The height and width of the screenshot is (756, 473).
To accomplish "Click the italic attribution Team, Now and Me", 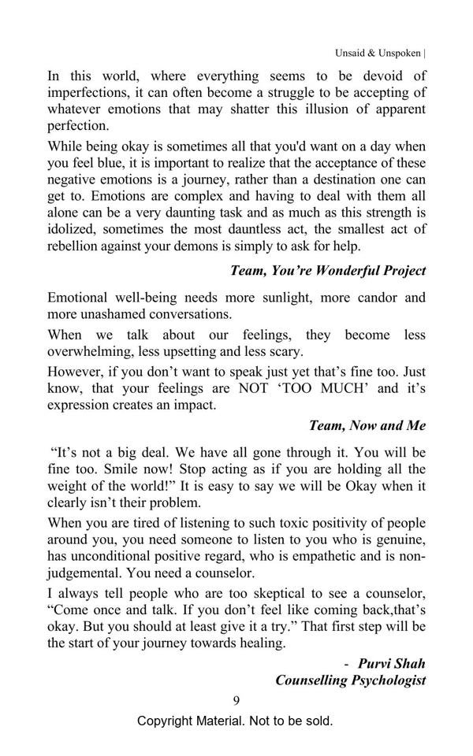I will (x=367, y=425).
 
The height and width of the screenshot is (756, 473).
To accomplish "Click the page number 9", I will (x=236, y=700).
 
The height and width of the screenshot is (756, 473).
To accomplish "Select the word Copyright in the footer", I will (x=167, y=721).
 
